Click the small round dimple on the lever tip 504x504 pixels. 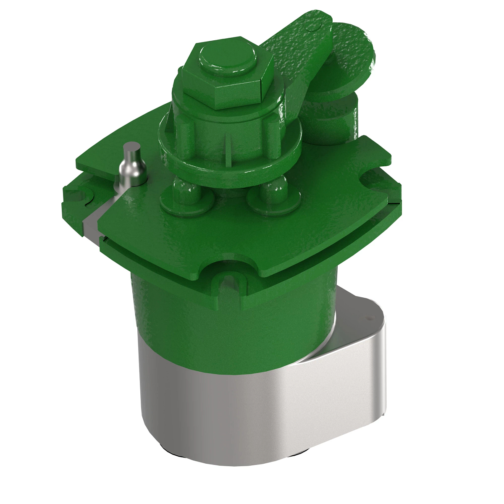[310, 28]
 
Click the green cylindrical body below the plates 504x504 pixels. [235, 323]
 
